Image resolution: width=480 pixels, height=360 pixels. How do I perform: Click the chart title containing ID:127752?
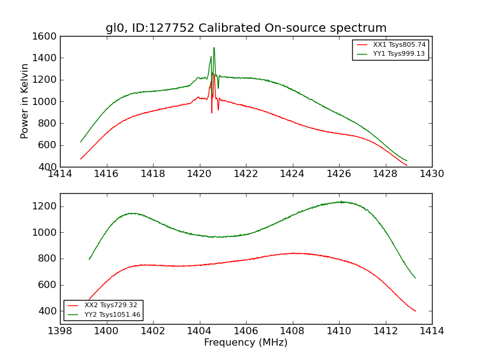pyautogui.click(x=246, y=28)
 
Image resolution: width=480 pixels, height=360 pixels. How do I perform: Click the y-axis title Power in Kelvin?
pyautogui.click(x=25, y=101)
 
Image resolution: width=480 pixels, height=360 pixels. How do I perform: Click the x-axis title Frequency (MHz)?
pyautogui.click(x=246, y=343)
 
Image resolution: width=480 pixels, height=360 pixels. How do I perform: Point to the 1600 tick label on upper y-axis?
pyautogui.click(x=46, y=37)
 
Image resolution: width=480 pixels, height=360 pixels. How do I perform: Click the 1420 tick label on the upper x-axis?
pyautogui.click(x=199, y=174)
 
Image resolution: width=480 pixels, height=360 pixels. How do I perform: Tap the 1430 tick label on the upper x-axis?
pyautogui.click(x=432, y=174)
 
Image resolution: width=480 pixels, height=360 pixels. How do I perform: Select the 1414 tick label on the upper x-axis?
pyautogui.click(x=60, y=174)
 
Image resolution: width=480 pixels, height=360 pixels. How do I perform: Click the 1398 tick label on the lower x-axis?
pyautogui.click(x=60, y=331)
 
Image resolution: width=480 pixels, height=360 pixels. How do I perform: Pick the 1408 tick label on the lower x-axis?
pyautogui.click(x=292, y=331)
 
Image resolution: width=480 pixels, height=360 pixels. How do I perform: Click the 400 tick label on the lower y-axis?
pyautogui.click(x=48, y=311)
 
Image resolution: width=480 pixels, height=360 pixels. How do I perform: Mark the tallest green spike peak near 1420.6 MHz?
pyautogui.click(x=214, y=48)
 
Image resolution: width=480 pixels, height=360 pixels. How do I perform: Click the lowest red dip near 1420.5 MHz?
pyautogui.click(x=212, y=112)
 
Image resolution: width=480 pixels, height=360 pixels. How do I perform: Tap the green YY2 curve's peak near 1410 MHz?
pyautogui.click(x=341, y=202)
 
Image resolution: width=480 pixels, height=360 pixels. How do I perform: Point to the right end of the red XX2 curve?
pyautogui.click(x=415, y=311)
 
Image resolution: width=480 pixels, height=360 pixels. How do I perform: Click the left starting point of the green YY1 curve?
pyautogui.click(x=80, y=142)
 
